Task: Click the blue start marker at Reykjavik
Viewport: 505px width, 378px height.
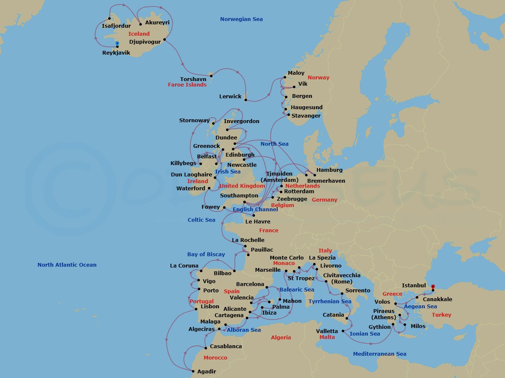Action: coord(117,43)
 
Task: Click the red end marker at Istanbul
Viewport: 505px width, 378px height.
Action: coord(433,287)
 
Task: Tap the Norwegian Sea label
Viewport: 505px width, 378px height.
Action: coord(241,19)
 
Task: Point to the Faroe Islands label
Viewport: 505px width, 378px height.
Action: coord(187,85)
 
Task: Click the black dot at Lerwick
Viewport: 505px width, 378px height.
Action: coord(246,100)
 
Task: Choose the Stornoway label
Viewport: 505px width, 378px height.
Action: coord(194,121)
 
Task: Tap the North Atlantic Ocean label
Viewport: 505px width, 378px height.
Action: coord(67,265)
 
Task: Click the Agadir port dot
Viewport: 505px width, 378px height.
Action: coord(193,371)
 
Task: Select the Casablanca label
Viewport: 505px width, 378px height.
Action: coord(226,346)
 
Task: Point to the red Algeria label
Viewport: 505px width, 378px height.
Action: coord(281,338)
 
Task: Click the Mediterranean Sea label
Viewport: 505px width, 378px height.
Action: coord(380,354)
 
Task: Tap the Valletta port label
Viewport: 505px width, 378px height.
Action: coord(327,331)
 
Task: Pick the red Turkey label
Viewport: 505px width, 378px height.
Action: coord(441,315)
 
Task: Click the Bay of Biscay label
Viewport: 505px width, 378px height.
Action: coord(206,255)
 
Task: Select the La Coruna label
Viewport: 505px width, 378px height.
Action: coord(184,266)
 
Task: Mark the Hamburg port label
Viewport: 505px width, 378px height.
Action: coord(329,170)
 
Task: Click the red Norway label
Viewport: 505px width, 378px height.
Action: coord(318,78)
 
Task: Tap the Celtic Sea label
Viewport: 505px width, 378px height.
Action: coord(201,220)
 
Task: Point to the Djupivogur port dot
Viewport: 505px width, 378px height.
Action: coord(165,40)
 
